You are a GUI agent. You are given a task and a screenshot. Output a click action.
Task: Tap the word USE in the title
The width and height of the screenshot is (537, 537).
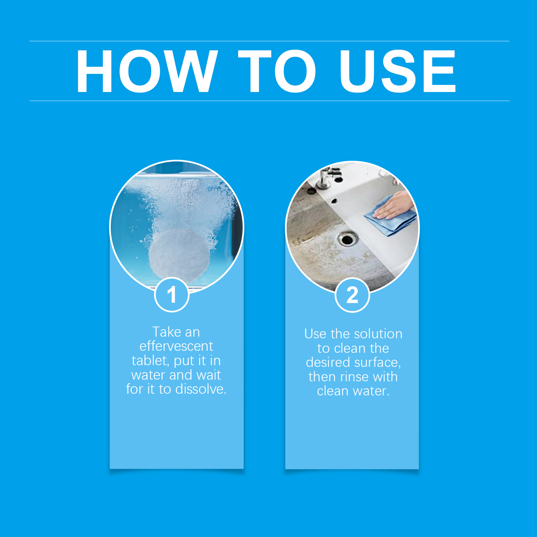point(397,71)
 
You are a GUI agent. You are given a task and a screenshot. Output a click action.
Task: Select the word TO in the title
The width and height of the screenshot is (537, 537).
point(277,71)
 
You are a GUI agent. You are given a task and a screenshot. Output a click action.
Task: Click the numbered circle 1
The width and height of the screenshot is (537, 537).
point(172,295)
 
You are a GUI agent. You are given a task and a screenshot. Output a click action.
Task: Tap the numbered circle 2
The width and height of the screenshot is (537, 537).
point(352,295)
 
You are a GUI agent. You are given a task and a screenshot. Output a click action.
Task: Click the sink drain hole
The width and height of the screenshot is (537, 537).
point(347,239)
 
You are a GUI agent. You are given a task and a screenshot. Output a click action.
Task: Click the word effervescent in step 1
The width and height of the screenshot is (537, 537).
point(176,346)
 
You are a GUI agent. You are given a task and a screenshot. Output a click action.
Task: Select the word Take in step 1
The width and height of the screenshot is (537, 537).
point(167,332)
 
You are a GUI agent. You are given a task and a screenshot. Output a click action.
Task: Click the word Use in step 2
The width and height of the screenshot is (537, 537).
point(315,334)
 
